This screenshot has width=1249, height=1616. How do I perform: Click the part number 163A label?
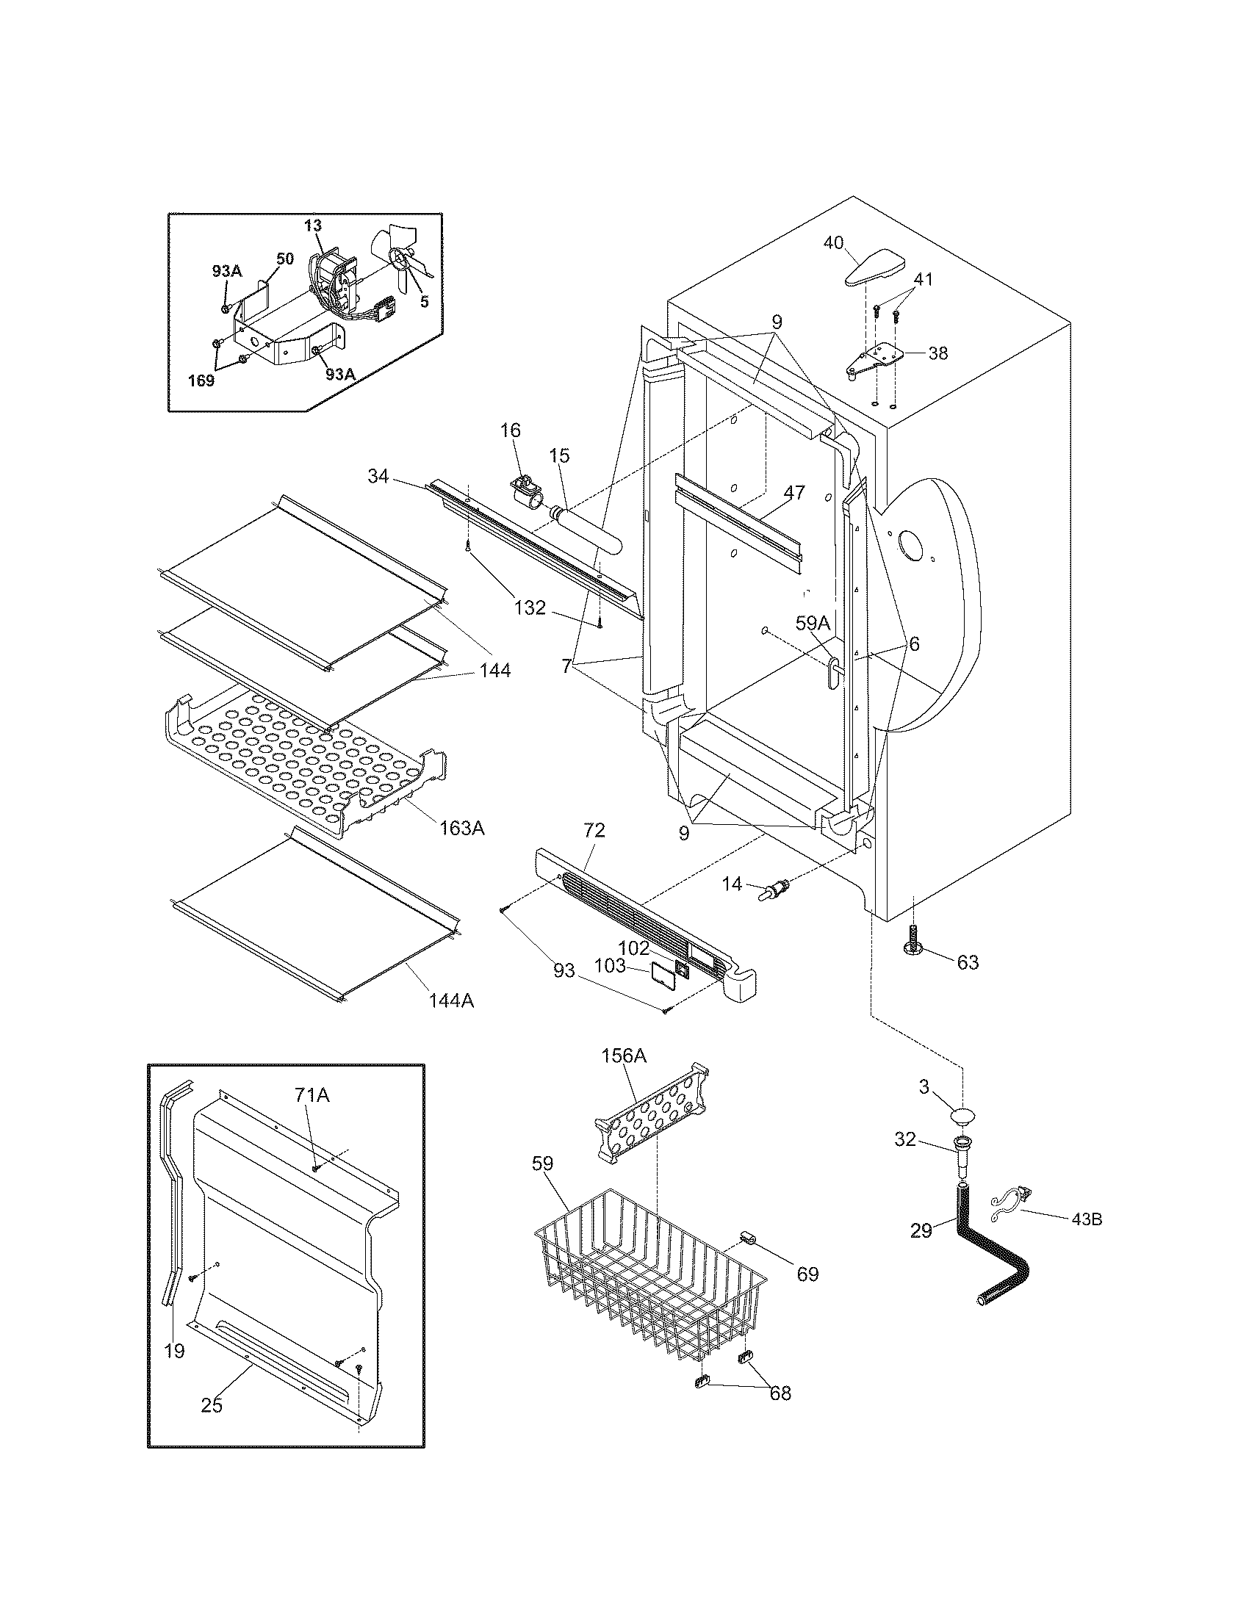click(x=461, y=828)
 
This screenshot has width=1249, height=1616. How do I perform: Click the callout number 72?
click(x=594, y=830)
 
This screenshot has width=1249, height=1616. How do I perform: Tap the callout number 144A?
click(x=451, y=1000)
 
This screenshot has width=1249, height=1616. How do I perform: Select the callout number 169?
click(x=201, y=380)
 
